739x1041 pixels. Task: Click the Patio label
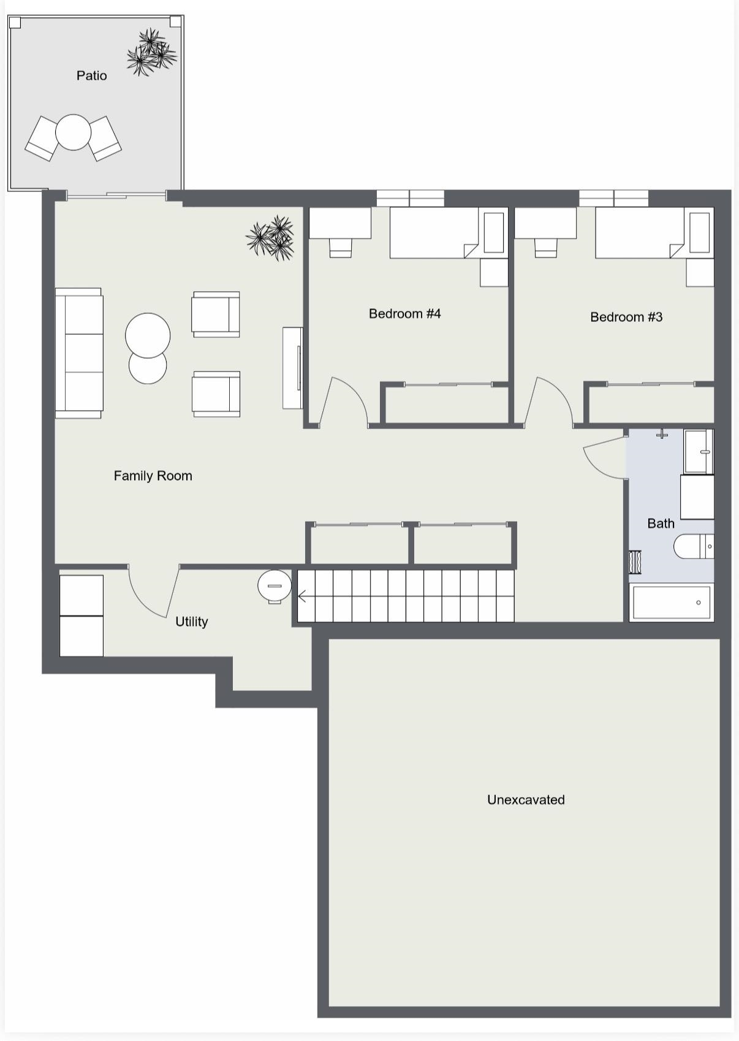coord(91,75)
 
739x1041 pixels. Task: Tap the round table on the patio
coord(73,132)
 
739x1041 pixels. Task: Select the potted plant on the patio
coord(151,52)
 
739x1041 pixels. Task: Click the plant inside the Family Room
coord(270,237)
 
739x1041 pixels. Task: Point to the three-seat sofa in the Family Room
coord(79,353)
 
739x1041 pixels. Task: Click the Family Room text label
coord(153,476)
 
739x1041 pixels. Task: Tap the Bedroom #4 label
coord(404,314)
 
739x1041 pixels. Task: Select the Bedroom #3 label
coord(626,317)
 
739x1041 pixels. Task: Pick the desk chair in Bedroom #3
coord(545,248)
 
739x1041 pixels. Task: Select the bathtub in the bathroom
coord(672,602)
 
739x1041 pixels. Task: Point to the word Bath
coord(661,524)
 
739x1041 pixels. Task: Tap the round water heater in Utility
coord(275,586)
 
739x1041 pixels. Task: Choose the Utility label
coord(191,622)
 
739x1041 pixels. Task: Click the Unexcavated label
coord(526,799)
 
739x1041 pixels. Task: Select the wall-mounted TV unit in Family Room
coord(293,368)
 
